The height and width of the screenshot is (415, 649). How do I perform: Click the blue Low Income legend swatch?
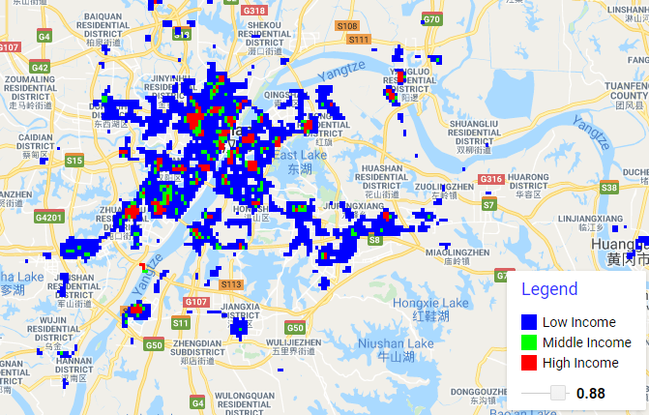pyautogui.click(x=528, y=322)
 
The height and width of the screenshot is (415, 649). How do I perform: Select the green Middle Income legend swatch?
pyautogui.click(x=528, y=342)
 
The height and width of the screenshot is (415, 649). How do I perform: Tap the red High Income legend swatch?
pyautogui.click(x=528, y=363)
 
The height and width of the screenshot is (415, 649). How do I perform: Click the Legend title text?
pyautogui.click(x=548, y=288)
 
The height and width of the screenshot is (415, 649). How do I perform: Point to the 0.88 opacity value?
pyautogui.click(x=590, y=393)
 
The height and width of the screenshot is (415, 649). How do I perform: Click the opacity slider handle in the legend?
pyautogui.click(x=557, y=393)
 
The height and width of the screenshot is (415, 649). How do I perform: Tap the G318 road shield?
pyautogui.click(x=255, y=10)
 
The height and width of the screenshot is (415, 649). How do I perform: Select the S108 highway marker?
pyautogui.click(x=347, y=26)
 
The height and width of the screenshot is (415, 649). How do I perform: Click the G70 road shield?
pyautogui.click(x=432, y=19)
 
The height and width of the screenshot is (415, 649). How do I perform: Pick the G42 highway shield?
pyautogui.click(x=40, y=67)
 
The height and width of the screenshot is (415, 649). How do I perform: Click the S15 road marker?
pyautogui.click(x=74, y=160)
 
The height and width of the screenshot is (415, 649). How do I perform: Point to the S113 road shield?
pyautogui.click(x=230, y=284)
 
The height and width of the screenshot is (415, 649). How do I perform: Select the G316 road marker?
pyautogui.click(x=491, y=179)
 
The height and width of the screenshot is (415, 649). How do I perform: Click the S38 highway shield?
pyautogui.click(x=608, y=187)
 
